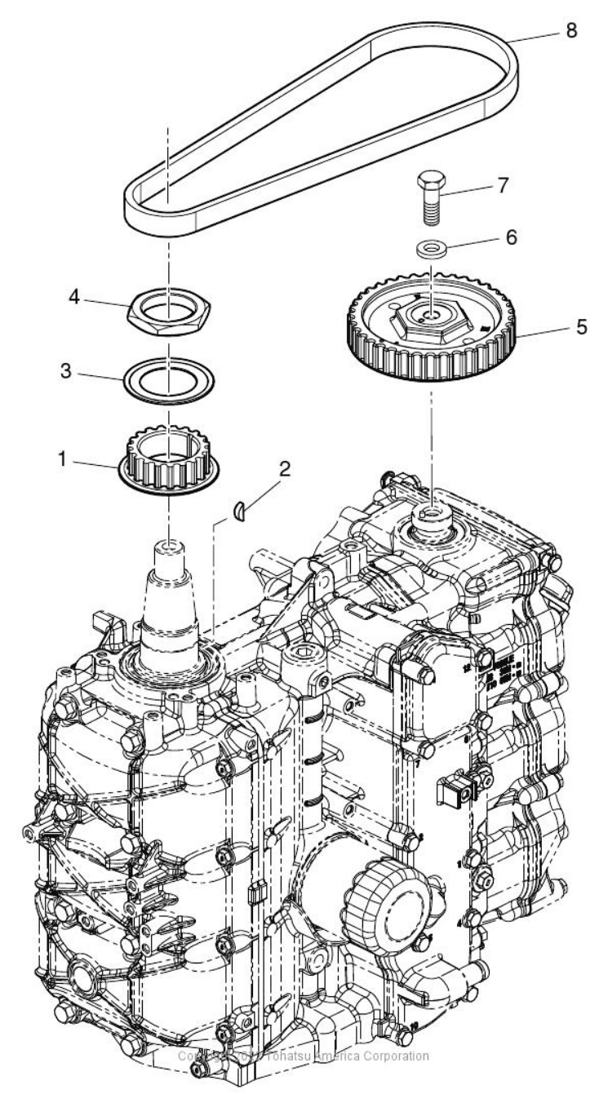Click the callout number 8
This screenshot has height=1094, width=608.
click(x=570, y=31)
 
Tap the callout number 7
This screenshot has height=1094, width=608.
click(x=502, y=184)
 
